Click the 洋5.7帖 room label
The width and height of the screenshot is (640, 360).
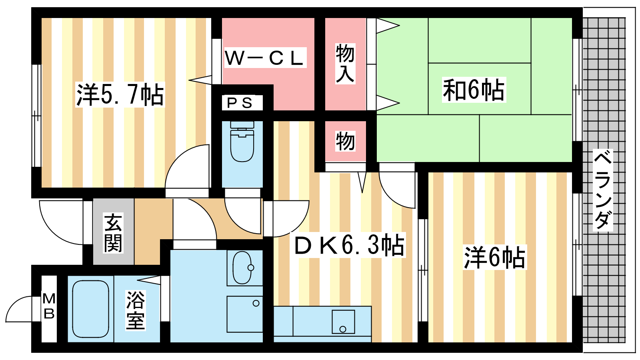click(x=120, y=94)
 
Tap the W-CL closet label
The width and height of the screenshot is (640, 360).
click(x=265, y=58)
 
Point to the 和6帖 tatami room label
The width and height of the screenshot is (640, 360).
click(x=474, y=90)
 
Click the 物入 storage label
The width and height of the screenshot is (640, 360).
click(x=346, y=64)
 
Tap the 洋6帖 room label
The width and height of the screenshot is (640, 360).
click(x=494, y=257)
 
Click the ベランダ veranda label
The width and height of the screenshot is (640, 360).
click(x=602, y=190)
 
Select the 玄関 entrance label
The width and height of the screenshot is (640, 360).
click(x=113, y=233)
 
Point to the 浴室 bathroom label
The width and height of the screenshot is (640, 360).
click(x=136, y=310)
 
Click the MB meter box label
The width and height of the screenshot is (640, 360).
click(x=49, y=306)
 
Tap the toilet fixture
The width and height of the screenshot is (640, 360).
click(x=242, y=142)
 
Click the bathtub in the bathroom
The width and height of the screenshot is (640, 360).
click(x=90, y=309)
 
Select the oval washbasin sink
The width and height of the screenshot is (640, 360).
click(x=242, y=268)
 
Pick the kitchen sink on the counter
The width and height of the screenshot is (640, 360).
click(x=343, y=322)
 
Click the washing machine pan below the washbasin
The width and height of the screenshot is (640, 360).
click(x=245, y=314)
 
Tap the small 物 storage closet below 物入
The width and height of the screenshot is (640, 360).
click(x=346, y=141)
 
